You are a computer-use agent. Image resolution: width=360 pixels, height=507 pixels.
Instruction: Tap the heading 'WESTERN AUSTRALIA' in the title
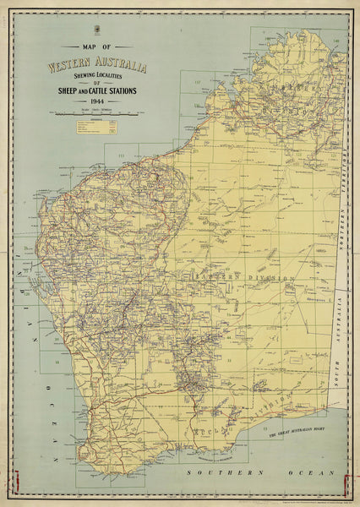pyautogui.click(x=97, y=66)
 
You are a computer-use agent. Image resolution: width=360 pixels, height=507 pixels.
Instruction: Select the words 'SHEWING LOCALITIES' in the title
pyautogui.click(x=97, y=77)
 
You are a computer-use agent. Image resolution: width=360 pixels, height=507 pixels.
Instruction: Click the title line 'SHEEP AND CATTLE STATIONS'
pyautogui.click(x=98, y=90)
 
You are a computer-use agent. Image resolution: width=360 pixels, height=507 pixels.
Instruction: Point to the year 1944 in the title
pyautogui.click(x=97, y=101)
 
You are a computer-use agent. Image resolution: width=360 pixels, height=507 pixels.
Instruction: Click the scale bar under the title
pyautogui.click(x=98, y=113)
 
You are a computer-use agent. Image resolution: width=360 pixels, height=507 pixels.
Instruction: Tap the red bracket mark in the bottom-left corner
pyautogui.click(x=11, y=482)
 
